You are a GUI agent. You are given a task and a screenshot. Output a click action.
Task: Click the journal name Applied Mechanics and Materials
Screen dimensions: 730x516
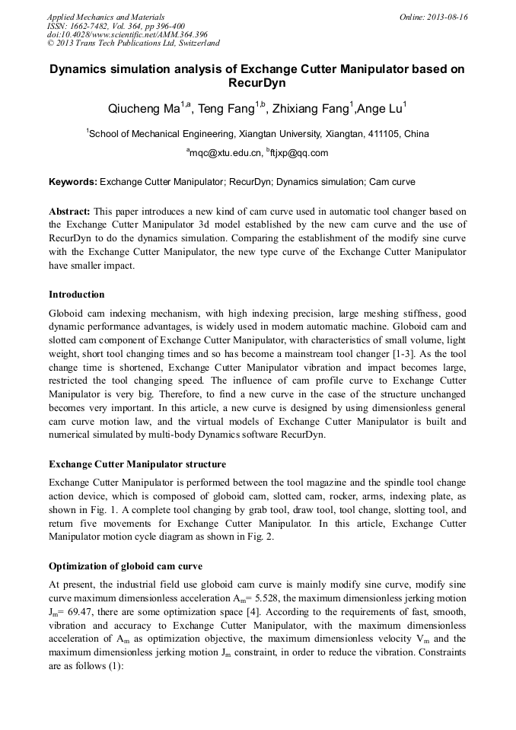point(106,17)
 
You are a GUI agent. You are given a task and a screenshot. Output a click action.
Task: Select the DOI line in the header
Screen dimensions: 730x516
point(127,35)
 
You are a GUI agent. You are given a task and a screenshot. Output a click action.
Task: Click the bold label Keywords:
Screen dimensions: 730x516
point(73,183)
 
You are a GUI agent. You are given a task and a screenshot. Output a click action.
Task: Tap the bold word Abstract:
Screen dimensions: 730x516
point(70,211)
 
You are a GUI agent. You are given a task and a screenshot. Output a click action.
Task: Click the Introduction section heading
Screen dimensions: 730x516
point(77,295)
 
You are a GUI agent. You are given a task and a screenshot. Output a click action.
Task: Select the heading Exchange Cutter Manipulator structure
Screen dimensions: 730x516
point(137,464)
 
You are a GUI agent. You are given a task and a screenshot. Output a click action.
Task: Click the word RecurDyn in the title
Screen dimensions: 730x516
point(257,83)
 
